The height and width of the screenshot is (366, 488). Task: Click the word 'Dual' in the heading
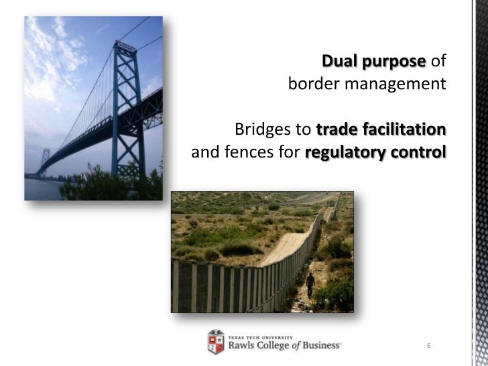tap(340, 63)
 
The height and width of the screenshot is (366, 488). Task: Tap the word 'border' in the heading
tap(311, 86)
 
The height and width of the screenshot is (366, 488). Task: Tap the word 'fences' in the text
tap(244, 151)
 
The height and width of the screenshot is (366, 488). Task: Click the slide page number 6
tap(428, 346)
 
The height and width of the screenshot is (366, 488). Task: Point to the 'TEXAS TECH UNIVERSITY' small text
tap(258, 336)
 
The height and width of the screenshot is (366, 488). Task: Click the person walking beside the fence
tap(310, 284)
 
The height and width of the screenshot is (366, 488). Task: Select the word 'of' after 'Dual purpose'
tap(438, 63)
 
